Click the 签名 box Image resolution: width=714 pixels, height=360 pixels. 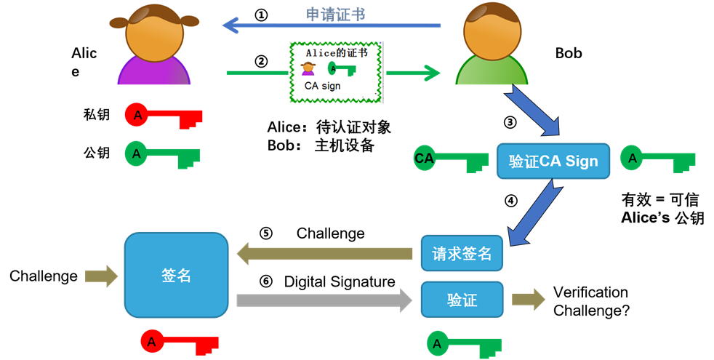coord(176,275)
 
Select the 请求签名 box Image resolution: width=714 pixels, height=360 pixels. coord(462,254)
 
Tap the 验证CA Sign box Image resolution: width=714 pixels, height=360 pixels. coord(553,161)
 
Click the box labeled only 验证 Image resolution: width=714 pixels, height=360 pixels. coord(462,299)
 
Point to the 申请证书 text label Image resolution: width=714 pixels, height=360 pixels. coord(334,15)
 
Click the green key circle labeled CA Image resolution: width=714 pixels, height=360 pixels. coord(424,158)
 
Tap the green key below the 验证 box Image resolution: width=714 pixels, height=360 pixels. coord(465,343)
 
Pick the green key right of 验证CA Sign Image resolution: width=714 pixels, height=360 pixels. coord(658,159)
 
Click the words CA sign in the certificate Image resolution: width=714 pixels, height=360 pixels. coord(322,87)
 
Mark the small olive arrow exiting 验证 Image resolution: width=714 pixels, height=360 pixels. coord(528,299)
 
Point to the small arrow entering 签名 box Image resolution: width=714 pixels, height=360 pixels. coord(101,276)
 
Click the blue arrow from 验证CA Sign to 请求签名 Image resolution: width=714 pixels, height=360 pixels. coord(534,212)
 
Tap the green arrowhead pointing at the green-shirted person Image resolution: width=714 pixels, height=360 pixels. coord(432,73)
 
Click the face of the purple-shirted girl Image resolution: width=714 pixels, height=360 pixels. coord(154,33)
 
